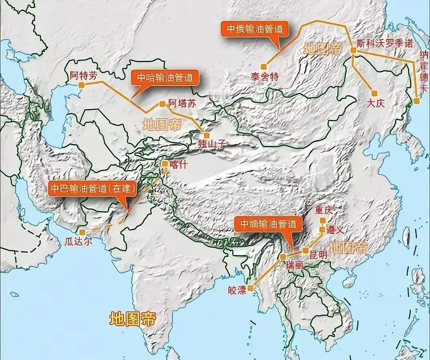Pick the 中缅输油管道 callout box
tap(266, 224)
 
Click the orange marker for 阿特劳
tap(81, 85)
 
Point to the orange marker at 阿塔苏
tap(162, 104)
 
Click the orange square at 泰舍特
tap(264, 66)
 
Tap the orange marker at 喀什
tap(164, 163)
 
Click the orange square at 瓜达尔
tap(82, 232)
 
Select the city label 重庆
tap(323, 210)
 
